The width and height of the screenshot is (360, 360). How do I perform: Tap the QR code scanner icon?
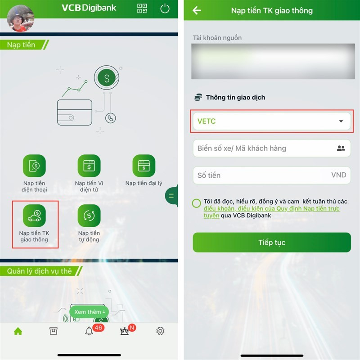tap(142, 9)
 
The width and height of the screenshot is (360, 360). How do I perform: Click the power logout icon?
tap(165, 9)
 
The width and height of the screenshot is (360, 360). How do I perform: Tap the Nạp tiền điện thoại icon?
tap(34, 166)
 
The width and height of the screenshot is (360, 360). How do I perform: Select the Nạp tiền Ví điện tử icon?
tap(89, 166)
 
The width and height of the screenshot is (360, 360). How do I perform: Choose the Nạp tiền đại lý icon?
tap(144, 166)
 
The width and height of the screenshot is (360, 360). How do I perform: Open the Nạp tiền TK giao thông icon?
tap(34, 216)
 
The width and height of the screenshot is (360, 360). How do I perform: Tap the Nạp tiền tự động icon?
tap(89, 216)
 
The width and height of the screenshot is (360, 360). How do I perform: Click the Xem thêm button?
tap(89, 312)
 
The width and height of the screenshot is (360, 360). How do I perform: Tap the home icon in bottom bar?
tap(18, 331)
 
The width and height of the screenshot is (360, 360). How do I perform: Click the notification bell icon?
tap(89, 331)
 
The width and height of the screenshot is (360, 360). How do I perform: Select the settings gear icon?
tap(160, 331)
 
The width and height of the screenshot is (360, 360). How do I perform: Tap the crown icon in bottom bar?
tap(125, 331)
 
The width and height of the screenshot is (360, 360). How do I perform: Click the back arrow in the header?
tap(197, 10)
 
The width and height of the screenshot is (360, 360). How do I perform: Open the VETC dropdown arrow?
tap(341, 121)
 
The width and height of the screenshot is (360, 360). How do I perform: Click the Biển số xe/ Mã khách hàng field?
tap(272, 148)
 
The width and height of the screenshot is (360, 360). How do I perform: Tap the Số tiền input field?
tap(272, 175)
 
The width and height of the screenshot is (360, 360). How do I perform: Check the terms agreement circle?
tap(196, 203)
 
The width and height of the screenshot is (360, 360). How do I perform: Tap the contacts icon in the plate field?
tap(341, 148)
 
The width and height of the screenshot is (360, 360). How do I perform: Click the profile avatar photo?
tap(21, 18)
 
